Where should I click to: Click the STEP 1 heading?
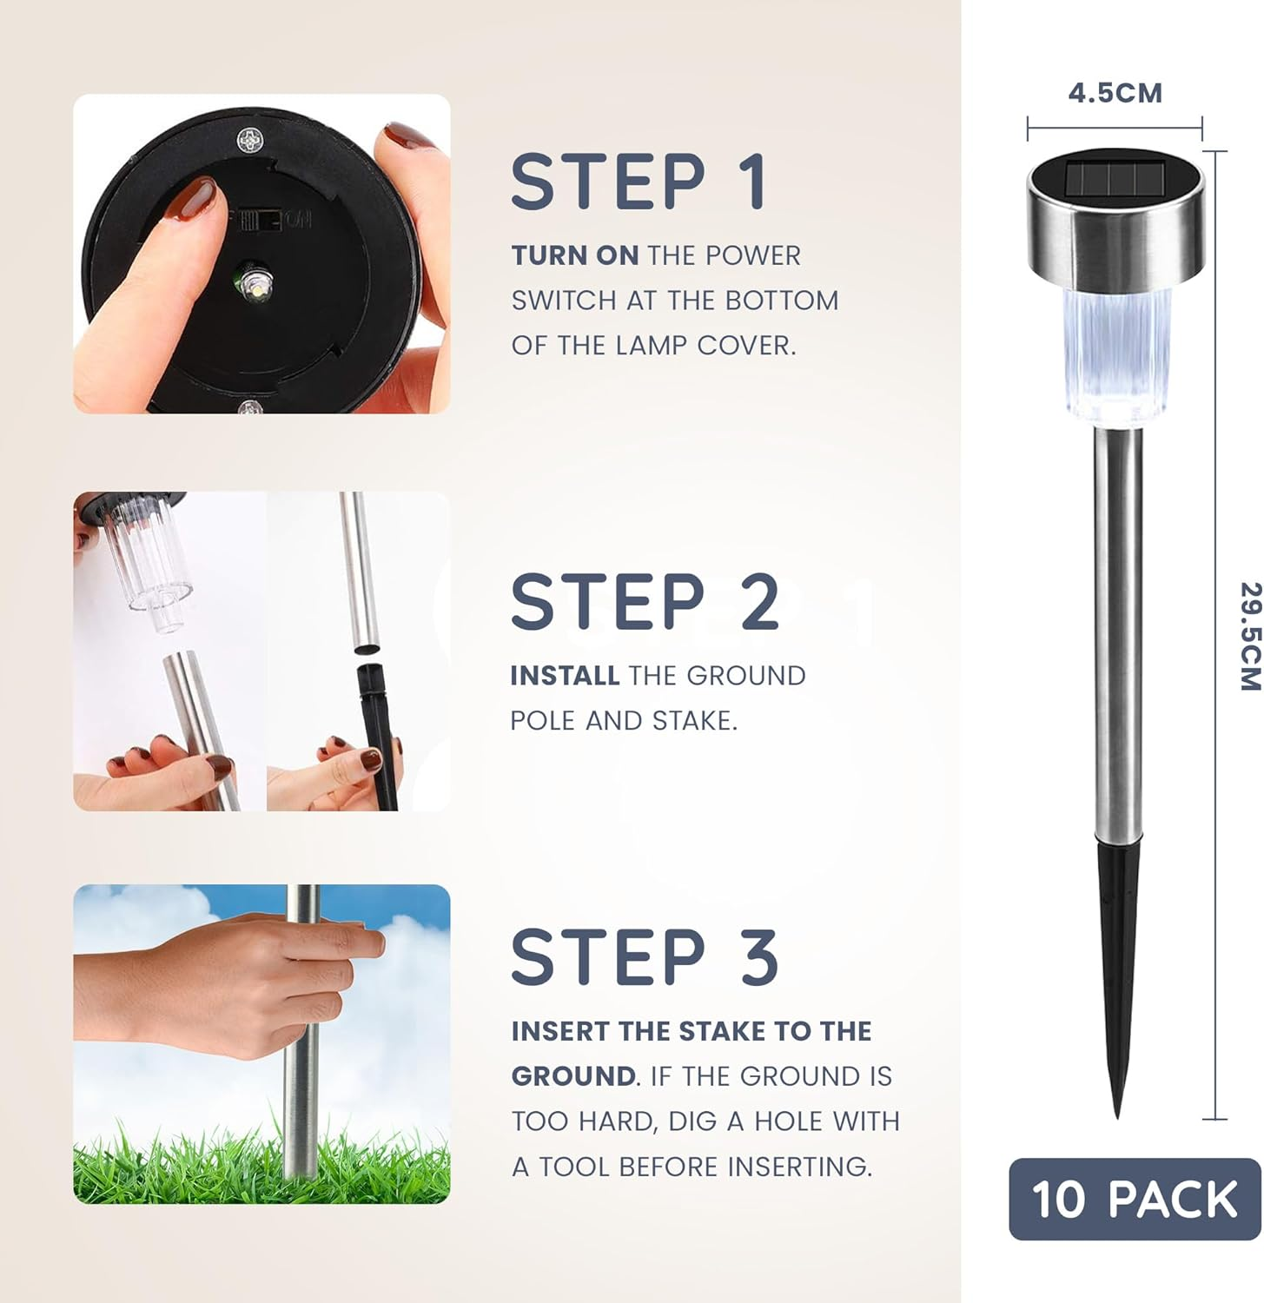(639, 182)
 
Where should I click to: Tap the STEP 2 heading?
(644, 602)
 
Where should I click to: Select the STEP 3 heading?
(644, 957)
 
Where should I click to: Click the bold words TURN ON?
(574, 255)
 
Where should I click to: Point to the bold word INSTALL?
(564, 676)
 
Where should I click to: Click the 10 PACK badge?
(1134, 1199)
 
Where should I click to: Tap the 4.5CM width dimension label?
(1115, 93)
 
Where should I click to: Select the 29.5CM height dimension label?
(1248, 636)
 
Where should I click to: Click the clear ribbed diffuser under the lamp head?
(1115, 356)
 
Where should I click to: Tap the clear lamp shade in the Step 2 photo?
(148, 556)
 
